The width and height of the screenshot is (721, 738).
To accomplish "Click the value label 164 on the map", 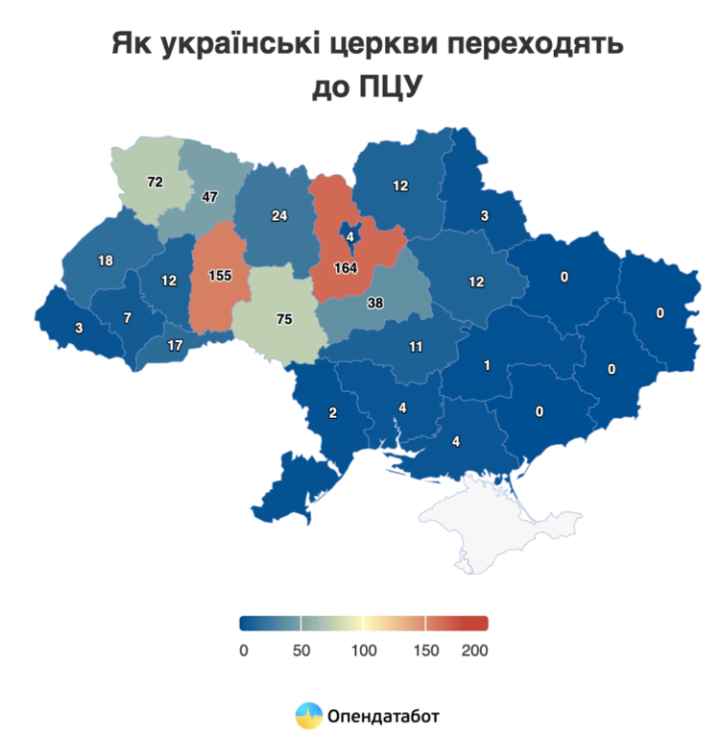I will pyautogui.click(x=346, y=267).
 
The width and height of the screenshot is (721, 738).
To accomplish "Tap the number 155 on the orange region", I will pyautogui.click(x=220, y=276).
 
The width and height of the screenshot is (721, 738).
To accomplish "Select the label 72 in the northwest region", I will pyautogui.click(x=155, y=181).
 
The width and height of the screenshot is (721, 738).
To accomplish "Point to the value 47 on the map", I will pyautogui.click(x=210, y=197).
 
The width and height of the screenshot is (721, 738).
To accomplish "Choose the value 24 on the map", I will pyautogui.click(x=278, y=215).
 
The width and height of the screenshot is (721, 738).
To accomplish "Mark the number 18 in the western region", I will pyautogui.click(x=106, y=260).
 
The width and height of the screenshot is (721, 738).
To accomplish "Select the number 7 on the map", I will pyautogui.click(x=127, y=317).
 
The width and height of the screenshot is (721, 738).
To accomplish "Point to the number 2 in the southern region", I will pyautogui.click(x=333, y=413).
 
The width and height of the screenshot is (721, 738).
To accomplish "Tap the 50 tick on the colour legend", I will pyautogui.click(x=300, y=651).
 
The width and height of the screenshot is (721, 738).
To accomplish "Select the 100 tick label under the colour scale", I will pyautogui.click(x=363, y=651).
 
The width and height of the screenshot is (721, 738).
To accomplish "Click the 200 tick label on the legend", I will pyautogui.click(x=474, y=651).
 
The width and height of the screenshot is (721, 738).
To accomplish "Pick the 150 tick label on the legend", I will pyautogui.click(x=426, y=651).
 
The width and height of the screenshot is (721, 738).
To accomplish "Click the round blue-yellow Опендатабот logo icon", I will pyautogui.click(x=307, y=716).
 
